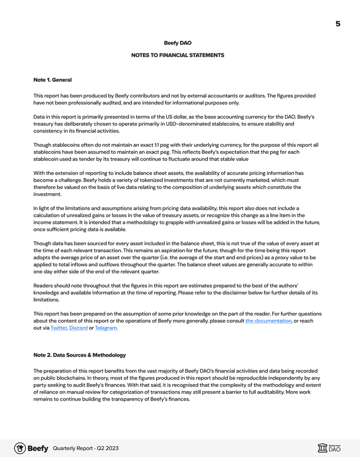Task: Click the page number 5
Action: [x=338, y=24]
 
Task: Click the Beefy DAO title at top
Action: [x=177, y=43]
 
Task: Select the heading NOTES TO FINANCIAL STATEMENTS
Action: [x=177, y=55]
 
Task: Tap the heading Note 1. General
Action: [x=52, y=80]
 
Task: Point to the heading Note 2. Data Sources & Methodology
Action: [x=79, y=355]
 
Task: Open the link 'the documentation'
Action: [x=268, y=321]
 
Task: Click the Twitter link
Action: [x=58, y=328]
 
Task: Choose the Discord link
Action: [x=78, y=328]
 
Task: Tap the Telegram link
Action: [x=105, y=328]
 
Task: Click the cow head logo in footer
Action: [x=20, y=448]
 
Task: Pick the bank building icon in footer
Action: [x=322, y=448]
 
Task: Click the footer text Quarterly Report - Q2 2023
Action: [x=85, y=449]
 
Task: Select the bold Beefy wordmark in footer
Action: [x=38, y=449]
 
